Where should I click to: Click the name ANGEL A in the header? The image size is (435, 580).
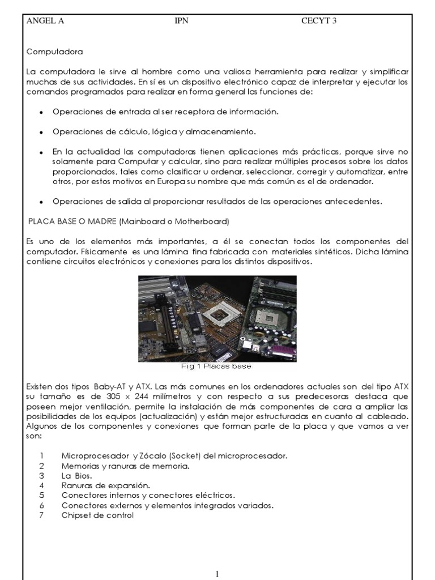click(x=45, y=22)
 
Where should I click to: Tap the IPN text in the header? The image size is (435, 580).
click(x=183, y=22)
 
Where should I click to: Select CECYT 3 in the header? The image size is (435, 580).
click(x=319, y=22)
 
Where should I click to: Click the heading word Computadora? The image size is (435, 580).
click(x=54, y=52)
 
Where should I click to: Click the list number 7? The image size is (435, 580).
click(x=41, y=515)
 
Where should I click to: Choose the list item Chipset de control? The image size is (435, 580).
click(x=97, y=515)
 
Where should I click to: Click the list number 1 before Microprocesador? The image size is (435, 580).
click(x=41, y=456)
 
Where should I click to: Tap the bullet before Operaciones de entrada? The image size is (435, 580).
click(x=42, y=113)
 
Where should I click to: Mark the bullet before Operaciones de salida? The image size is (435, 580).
click(x=42, y=202)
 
